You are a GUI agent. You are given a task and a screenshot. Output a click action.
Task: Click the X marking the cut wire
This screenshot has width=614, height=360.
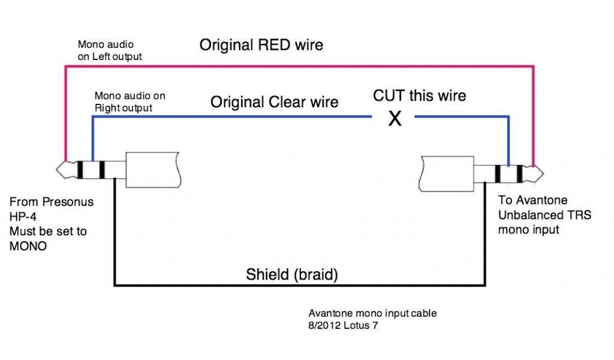(395, 119)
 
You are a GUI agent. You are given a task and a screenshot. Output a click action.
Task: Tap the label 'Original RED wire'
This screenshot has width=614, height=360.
(261, 45)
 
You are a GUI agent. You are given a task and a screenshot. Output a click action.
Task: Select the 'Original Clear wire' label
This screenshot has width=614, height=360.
(274, 102)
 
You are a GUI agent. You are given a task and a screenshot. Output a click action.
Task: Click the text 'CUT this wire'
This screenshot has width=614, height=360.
(419, 95)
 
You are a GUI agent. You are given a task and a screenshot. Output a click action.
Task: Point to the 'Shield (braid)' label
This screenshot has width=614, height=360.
(292, 275)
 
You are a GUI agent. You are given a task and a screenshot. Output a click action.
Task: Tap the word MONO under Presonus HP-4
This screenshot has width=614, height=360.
(28, 246)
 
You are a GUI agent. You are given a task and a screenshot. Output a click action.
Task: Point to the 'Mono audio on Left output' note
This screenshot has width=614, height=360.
(109, 51)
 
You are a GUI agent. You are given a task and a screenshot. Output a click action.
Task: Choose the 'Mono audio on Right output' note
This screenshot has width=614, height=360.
(130, 102)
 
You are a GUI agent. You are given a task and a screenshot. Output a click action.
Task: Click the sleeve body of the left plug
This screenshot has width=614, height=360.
(153, 170)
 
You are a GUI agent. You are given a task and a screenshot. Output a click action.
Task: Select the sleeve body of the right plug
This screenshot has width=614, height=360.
(447, 173)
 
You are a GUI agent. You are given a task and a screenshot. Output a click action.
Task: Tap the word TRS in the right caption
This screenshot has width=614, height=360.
(569, 215)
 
